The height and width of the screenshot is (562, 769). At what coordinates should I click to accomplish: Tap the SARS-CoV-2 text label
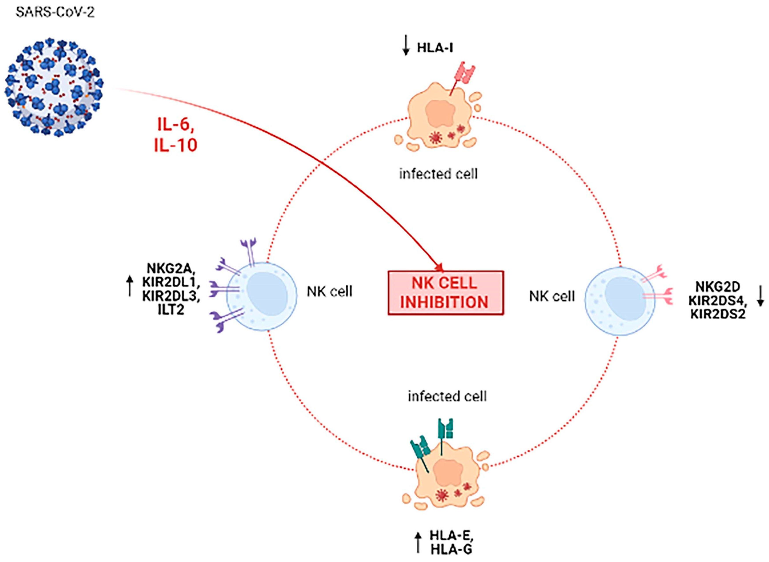[55, 13]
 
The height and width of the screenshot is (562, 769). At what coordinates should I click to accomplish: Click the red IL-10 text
[176, 145]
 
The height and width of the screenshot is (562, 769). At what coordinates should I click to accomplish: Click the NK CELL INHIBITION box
[445, 293]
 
